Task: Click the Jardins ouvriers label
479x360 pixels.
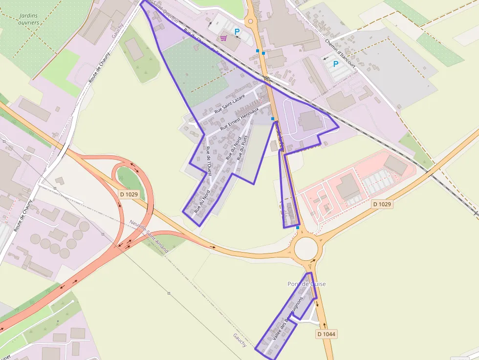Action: pyautogui.click(x=28, y=19)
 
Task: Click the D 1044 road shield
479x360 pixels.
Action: pyautogui.click(x=327, y=334)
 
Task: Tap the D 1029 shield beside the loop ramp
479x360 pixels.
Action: pyautogui.click(x=129, y=194)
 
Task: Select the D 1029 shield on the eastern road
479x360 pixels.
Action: pyautogui.click(x=382, y=204)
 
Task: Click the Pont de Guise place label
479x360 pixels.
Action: pyautogui.click(x=306, y=284)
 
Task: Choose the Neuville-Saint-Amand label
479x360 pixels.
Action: pyautogui.click(x=149, y=236)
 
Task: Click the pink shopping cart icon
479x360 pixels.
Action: pyautogui.click(x=223, y=38)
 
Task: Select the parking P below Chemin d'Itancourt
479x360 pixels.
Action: pyautogui.click(x=336, y=64)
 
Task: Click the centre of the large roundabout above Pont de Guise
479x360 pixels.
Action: pyautogui.click(x=306, y=249)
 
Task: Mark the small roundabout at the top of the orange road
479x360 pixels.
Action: pyautogui.click(x=251, y=21)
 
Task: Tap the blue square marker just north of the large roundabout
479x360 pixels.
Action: pyautogui.click(x=297, y=227)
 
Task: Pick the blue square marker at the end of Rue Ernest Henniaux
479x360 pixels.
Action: pyautogui.click(x=272, y=119)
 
